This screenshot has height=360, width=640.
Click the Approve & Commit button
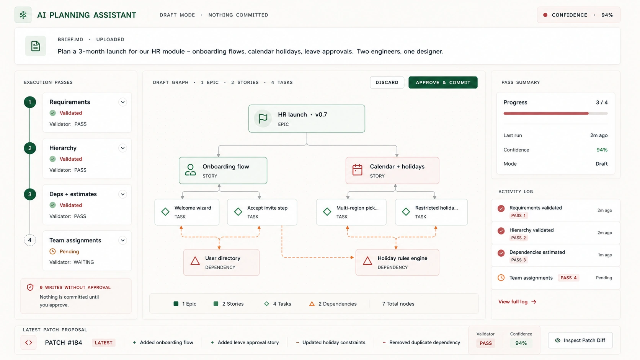tap(443, 83)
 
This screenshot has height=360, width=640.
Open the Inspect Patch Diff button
tap(580, 340)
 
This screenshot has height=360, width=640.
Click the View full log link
tap(517, 302)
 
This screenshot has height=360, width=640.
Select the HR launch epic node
tap(307, 119)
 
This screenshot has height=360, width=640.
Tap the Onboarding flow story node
tap(223, 171)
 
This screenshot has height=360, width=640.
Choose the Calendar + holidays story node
tap(392, 171)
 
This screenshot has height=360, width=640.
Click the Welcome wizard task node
tap(187, 212)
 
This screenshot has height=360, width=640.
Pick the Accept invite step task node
tap(262, 212)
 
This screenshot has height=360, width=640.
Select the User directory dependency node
tap(221, 262)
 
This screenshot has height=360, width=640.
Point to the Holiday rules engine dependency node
tap(397, 262)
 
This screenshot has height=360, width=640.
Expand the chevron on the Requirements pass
tap(122, 102)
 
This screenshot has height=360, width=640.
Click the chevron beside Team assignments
tap(122, 240)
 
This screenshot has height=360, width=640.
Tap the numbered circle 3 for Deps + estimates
tap(30, 194)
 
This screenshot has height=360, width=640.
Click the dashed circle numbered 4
tap(30, 240)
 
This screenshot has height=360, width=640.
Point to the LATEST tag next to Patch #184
tap(103, 342)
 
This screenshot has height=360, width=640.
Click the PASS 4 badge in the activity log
tap(568, 278)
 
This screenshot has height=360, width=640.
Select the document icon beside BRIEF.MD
tap(36, 46)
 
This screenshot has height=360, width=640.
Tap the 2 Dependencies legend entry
tap(333, 304)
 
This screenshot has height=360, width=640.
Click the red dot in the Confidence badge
tap(545, 15)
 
